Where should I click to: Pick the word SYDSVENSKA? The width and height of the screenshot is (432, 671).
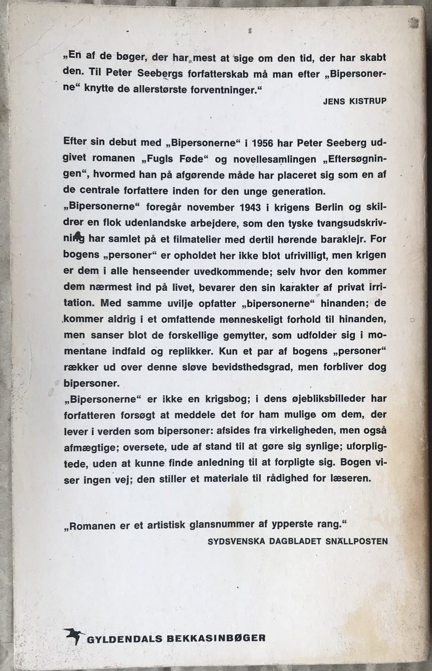pos(234,541)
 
